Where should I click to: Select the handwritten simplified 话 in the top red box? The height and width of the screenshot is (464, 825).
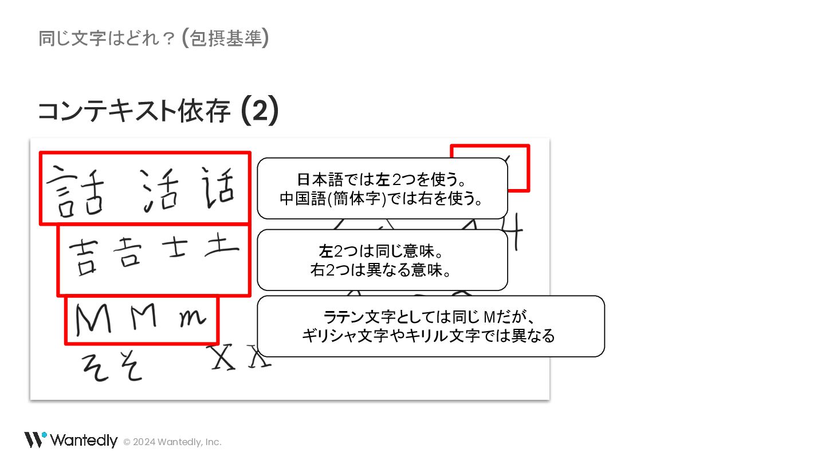(x=218, y=188)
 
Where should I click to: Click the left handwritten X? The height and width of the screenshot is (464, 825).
(x=224, y=357)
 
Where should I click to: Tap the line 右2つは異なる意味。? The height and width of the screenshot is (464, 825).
(x=382, y=270)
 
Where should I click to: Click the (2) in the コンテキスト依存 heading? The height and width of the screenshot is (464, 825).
(x=260, y=111)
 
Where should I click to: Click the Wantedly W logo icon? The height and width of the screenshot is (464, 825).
(x=35, y=440)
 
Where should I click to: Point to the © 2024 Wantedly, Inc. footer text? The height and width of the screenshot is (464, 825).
(x=172, y=442)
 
